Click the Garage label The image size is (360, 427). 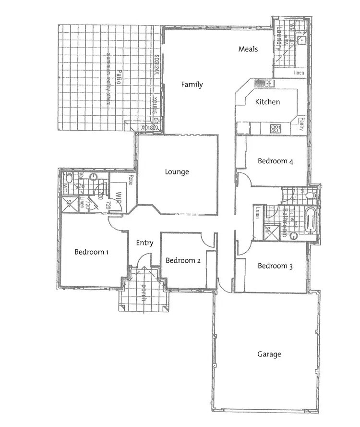269,354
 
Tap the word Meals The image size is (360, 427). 248,49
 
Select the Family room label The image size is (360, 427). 192,85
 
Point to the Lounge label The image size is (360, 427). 177,172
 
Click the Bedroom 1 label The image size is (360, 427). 92,252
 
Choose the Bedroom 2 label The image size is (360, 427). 183,260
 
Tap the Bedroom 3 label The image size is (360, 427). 275,266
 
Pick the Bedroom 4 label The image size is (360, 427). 275,161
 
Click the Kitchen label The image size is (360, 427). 267,102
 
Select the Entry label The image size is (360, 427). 144,243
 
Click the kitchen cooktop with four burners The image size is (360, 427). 276,128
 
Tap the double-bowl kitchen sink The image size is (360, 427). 264,83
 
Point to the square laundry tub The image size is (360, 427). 301,40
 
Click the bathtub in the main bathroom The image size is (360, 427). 310,220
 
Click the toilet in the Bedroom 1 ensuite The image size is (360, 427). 69,179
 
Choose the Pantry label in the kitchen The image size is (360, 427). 302,124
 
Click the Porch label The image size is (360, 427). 143,293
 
